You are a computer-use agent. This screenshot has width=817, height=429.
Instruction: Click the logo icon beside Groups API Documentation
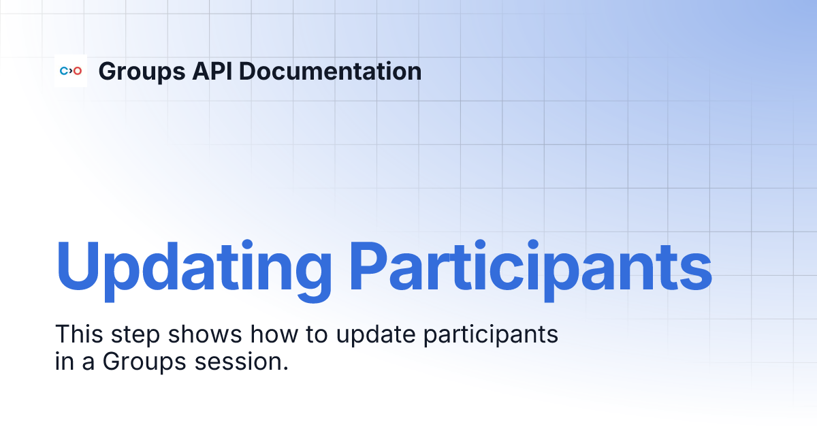pos(71,71)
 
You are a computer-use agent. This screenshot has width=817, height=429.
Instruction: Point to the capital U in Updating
pos(77,264)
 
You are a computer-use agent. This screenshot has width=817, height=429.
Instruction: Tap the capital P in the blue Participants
pos(370,264)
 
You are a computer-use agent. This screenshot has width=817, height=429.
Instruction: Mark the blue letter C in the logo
pos(64,71)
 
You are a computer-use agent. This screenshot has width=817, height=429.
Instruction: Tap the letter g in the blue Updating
pos(309,272)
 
